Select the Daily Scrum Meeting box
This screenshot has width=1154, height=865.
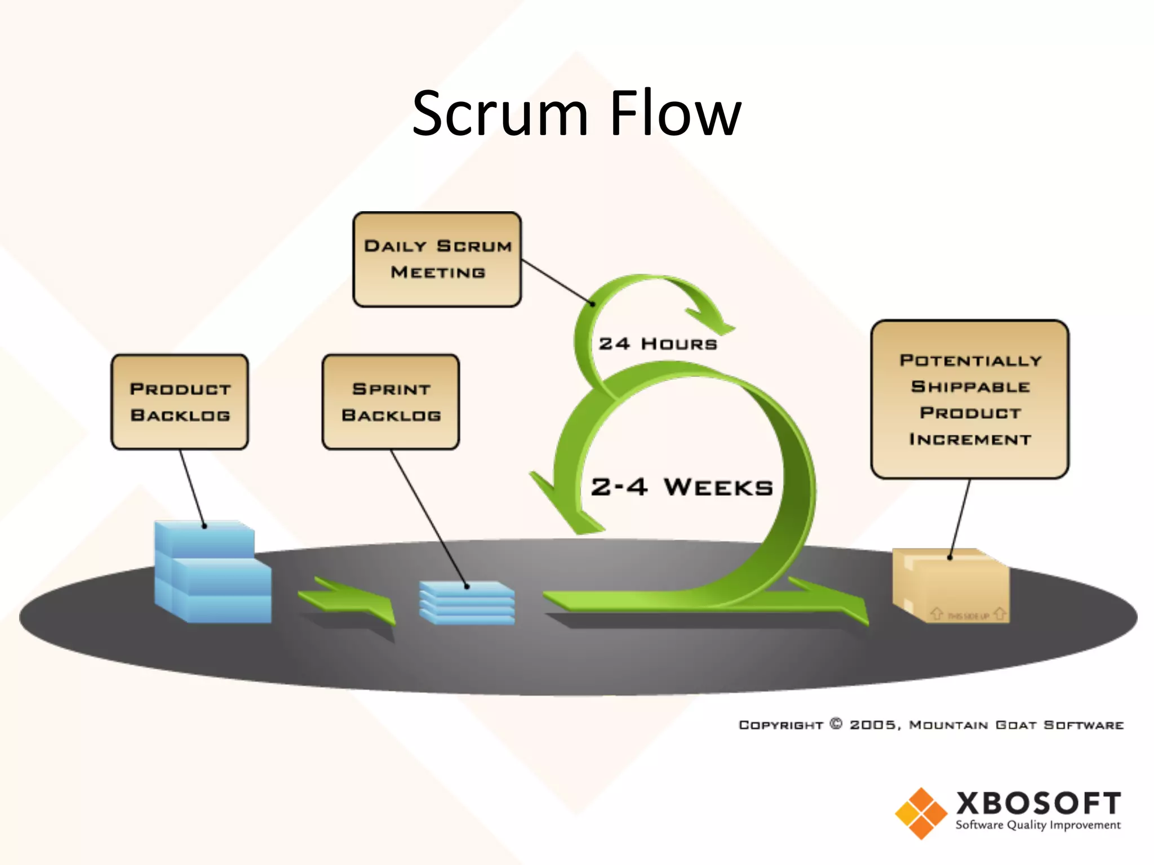437,260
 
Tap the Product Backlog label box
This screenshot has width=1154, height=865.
180,402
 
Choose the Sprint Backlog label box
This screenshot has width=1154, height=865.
390,402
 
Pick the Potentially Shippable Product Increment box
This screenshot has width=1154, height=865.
969,399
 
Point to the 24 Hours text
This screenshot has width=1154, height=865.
658,344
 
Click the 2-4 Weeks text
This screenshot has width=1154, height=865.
682,487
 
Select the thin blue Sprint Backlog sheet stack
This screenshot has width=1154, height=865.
467,603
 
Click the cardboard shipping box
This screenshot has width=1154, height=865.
951,586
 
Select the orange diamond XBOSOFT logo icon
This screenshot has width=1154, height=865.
921,813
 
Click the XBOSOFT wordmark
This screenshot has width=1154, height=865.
1038,803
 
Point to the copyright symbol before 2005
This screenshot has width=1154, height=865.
836,724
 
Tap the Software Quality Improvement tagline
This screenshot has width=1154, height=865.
1038,825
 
